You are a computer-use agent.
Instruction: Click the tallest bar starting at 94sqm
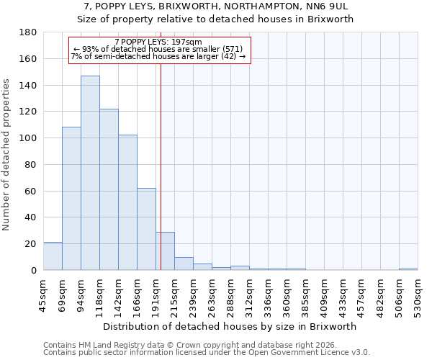90,173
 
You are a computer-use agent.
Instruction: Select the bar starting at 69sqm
71,198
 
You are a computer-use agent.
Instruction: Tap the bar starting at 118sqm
109,189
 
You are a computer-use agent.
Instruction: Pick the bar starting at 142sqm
127,202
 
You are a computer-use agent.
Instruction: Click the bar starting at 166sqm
146,229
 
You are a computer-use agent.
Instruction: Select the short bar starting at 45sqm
53,256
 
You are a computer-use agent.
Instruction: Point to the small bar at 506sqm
408,269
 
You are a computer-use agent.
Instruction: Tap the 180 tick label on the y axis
28,32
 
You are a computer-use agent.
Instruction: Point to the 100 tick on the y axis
28,138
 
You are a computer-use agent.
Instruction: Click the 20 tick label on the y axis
31,244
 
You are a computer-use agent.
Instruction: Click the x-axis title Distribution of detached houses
230,326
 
